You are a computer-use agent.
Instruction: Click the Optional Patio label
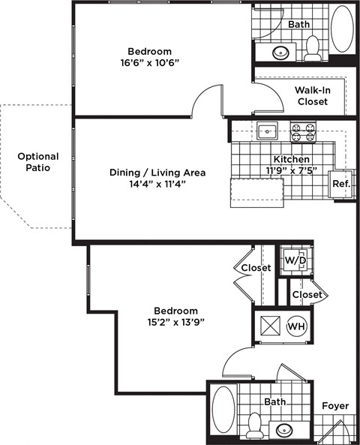tap(37, 162)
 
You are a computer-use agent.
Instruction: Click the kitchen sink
tap(267, 132)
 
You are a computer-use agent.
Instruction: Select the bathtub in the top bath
tap(342, 29)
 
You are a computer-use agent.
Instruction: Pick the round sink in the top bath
tap(281, 53)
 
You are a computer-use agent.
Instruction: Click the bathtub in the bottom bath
tap(223, 409)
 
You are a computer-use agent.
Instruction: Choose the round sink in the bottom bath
tap(286, 430)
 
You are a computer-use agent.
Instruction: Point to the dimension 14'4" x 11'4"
tap(157, 183)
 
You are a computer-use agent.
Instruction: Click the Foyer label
tap(335, 406)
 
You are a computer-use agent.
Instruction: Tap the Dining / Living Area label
tap(157, 172)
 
